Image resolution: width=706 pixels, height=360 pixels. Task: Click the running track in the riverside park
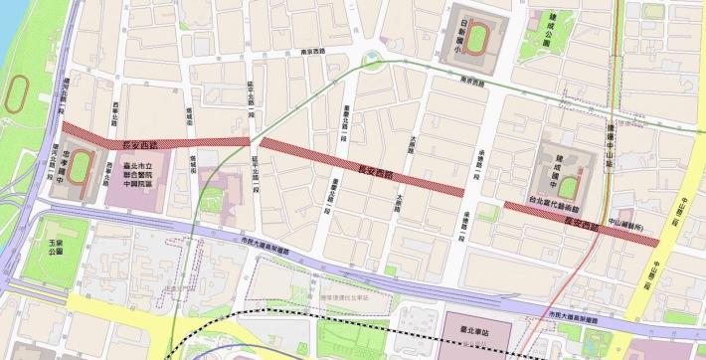pos(16,93)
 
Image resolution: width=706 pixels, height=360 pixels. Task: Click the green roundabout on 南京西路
pos(376,64)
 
